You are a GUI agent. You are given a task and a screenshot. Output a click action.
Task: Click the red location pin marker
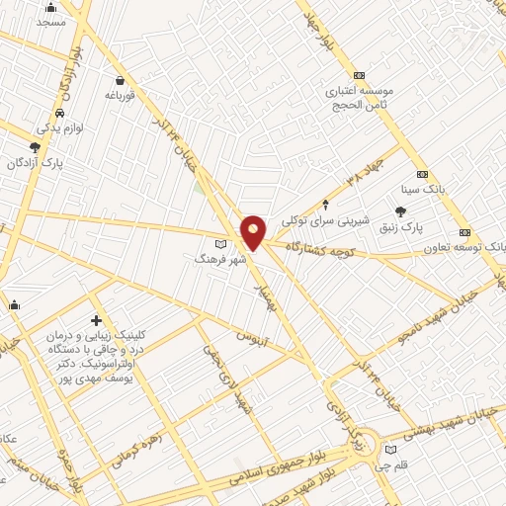pyautogui.click(x=253, y=230)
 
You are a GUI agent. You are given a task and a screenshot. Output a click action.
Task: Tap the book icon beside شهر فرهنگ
pyautogui.click(x=220, y=243)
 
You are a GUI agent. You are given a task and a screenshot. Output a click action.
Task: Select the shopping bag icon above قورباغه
pyautogui.click(x=120, y=81)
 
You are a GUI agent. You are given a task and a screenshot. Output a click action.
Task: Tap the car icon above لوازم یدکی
pyautogui.click(x=61, y=114)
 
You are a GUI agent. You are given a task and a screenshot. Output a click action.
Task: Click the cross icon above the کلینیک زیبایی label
pyautogui.click(x=96, y=320)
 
